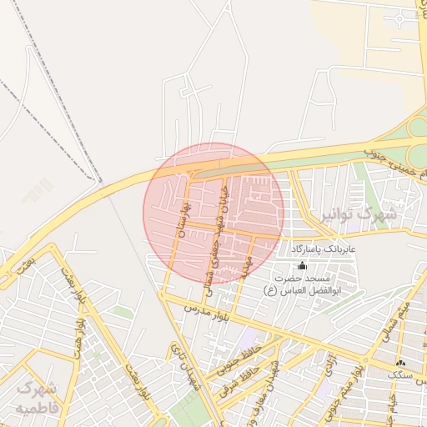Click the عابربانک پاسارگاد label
point(323,249)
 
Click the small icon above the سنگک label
point(400,363)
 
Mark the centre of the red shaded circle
point(213,213)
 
